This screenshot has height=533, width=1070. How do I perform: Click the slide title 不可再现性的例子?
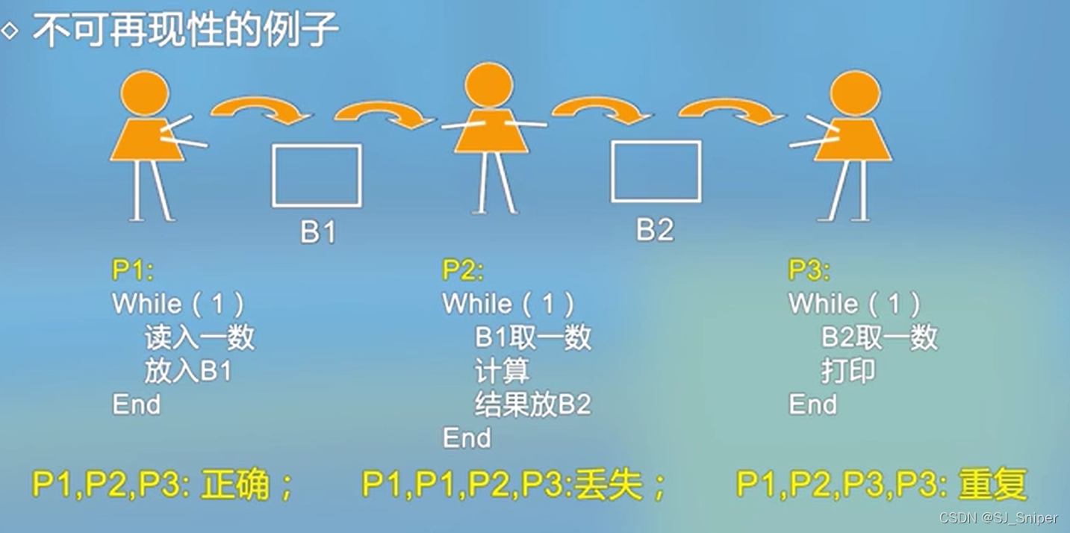pyautogui.click(x=185, y=31)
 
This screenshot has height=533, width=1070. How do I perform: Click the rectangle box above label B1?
pyautogui.click(x=317, y=175)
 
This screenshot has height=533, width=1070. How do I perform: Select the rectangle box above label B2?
pyautogui.click(x=656, y=171)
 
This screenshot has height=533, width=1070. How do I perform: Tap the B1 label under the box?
pyautogui.click(x=318, y=231)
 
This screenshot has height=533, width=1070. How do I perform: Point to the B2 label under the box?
pyautogui.click(x=655, y=229)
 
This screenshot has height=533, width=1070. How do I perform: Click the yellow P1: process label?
pyautogui.click(x=132, y=270)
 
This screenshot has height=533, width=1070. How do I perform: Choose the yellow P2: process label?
pyautogui.click(x=462, y=270)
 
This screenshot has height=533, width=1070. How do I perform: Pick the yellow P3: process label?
pyautogui.click(x=809, y=270)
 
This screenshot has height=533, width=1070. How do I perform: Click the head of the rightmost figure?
pyautogui.click(x=855, y=93)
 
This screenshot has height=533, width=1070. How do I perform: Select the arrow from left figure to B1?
pyautogui.click(x=261, y=110)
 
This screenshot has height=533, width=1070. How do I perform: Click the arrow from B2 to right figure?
pyautogui.click(x=732, y=112)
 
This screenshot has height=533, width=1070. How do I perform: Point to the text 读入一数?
pyautogui.click(x=199, y=337)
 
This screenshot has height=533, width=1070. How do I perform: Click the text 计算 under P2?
pyautogui.click(x=502, y=371)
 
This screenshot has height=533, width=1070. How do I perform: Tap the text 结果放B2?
pyautogui.click(x=532, y=405)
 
